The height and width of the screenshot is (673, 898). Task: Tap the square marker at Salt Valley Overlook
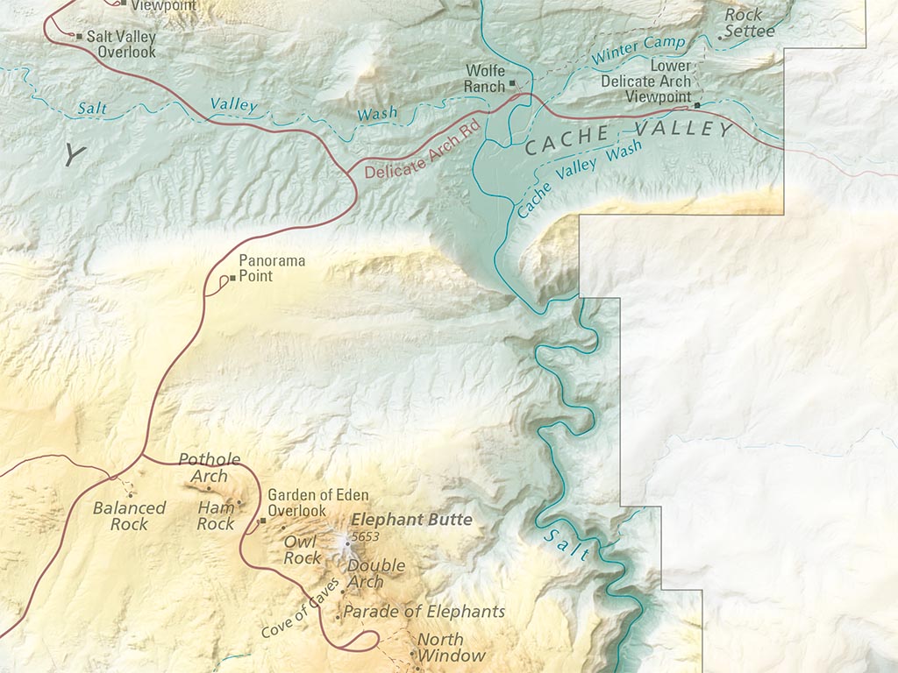79,37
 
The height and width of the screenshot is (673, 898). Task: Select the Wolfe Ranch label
486,78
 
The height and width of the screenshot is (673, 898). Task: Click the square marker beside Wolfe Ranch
515,86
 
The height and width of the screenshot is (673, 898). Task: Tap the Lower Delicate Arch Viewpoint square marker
697,105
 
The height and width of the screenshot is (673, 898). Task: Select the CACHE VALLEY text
628,138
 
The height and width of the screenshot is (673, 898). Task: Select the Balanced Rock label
129,516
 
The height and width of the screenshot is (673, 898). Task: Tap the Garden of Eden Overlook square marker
261,521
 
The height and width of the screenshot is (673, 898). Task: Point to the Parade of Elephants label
424,611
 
